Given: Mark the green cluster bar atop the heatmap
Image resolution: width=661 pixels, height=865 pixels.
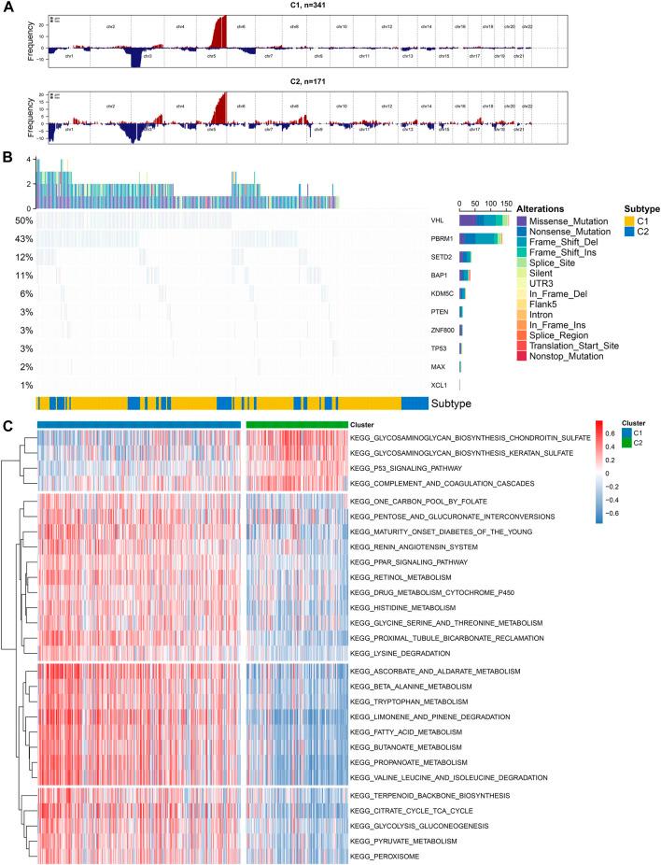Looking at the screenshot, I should point(296,424).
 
